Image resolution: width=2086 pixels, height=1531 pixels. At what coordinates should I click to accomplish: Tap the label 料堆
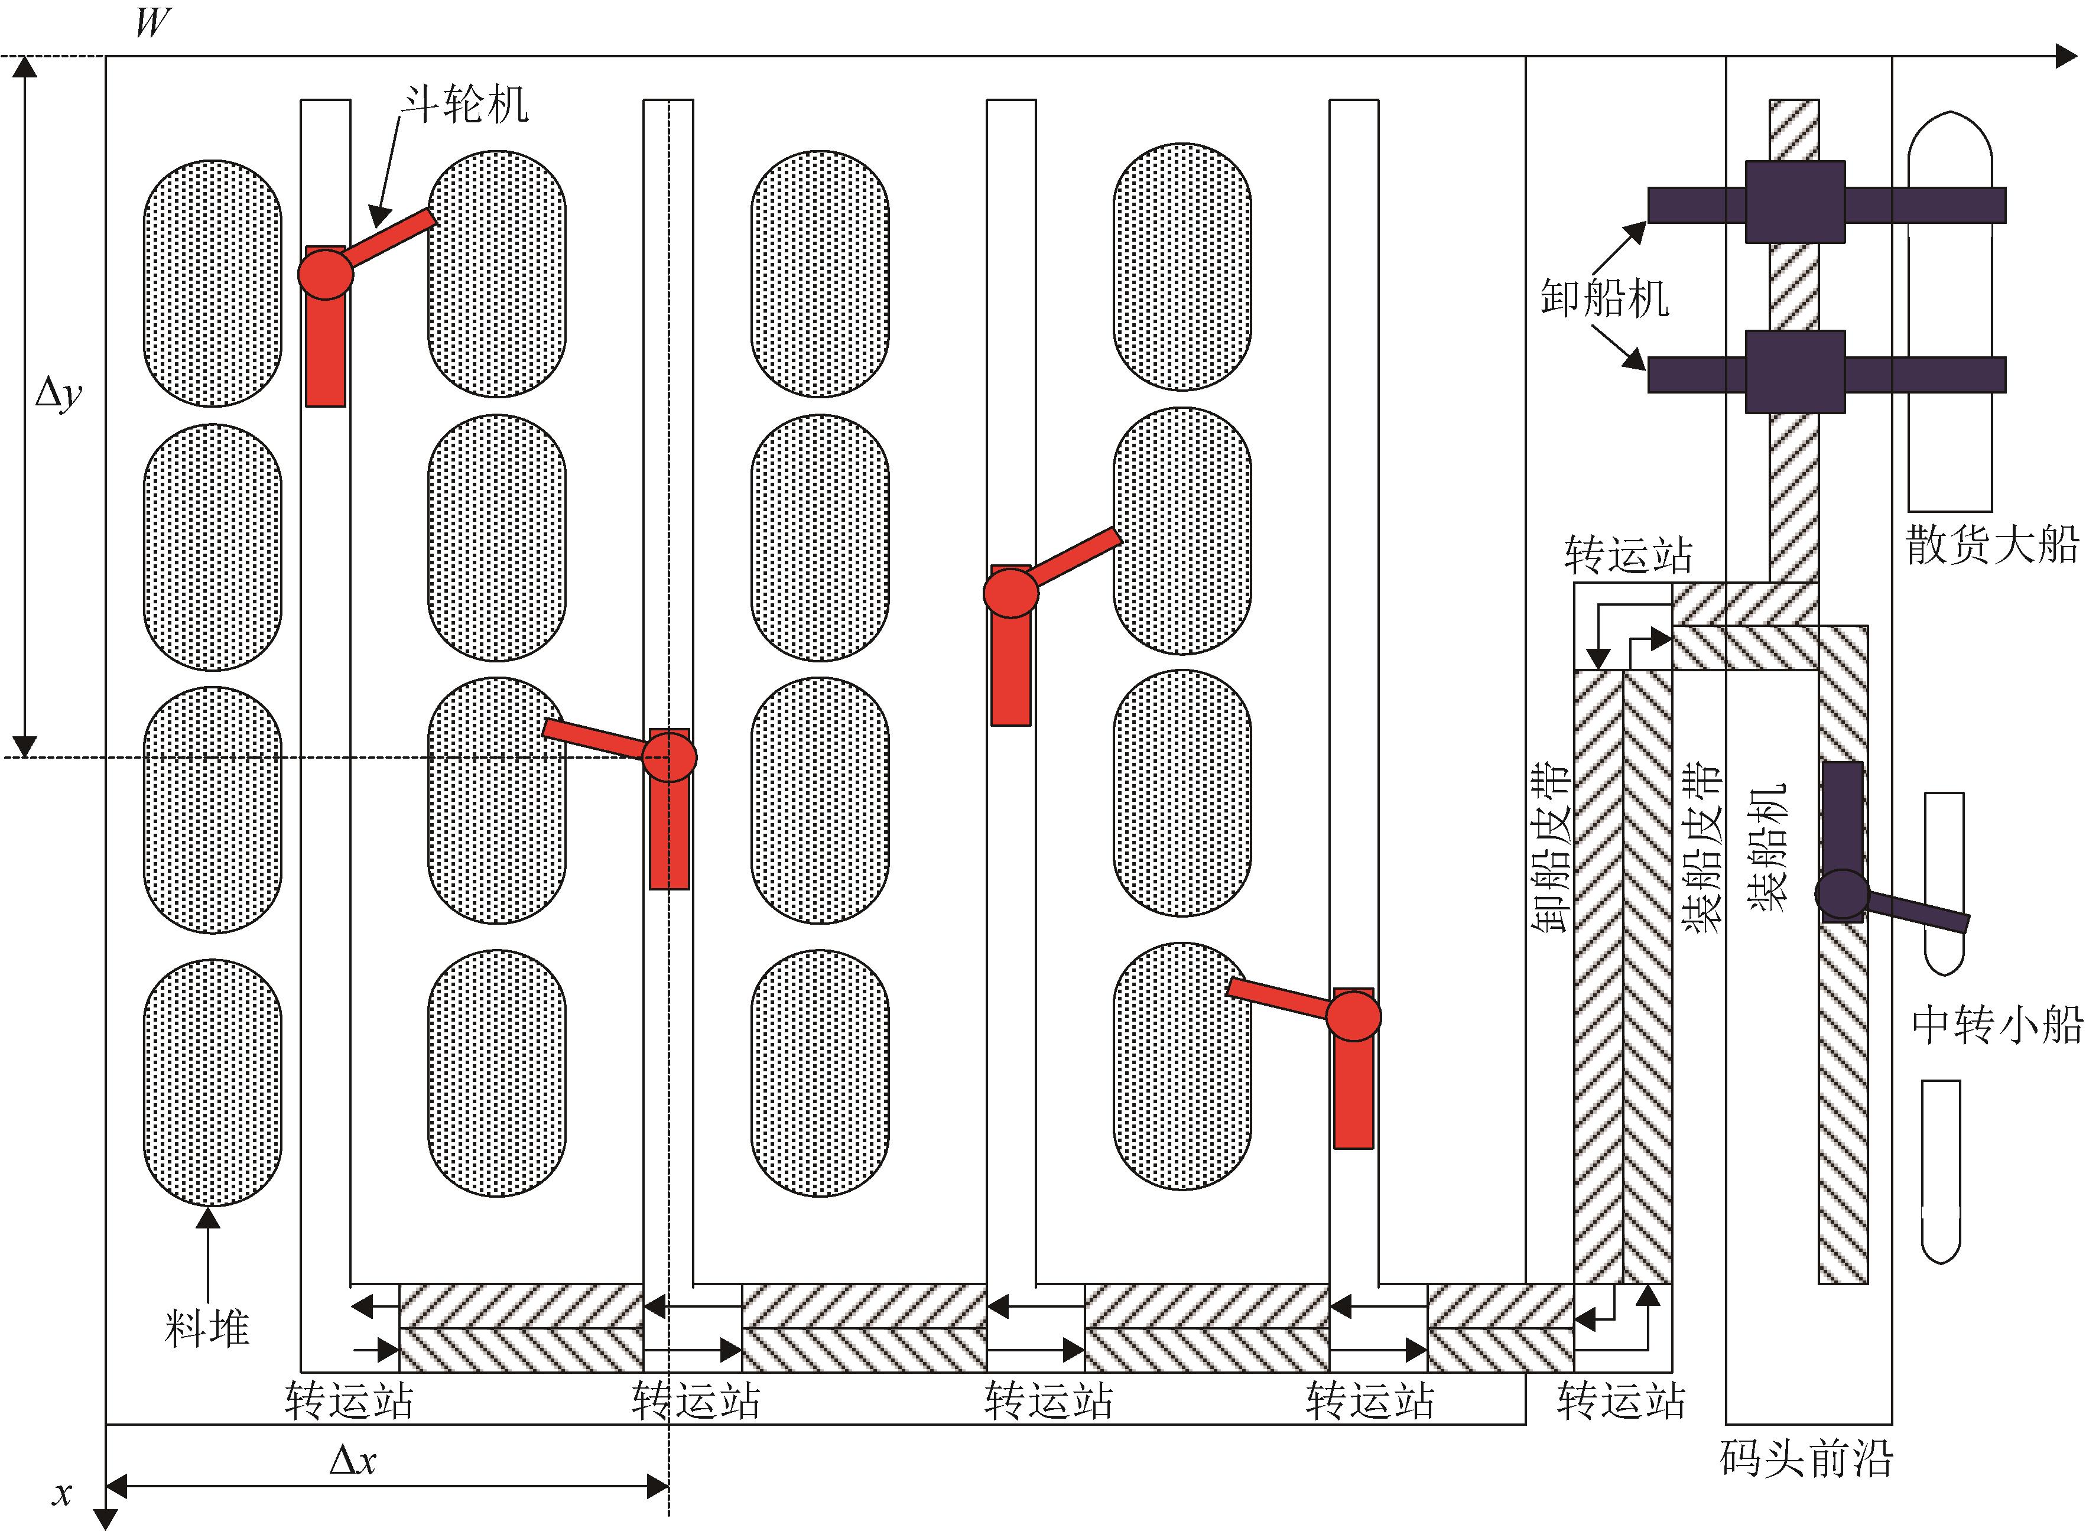click(207, 1328)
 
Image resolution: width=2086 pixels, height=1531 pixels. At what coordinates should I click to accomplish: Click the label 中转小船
click(1997, 1025)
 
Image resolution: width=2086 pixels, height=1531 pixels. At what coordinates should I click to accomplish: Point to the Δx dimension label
click(353, 1461)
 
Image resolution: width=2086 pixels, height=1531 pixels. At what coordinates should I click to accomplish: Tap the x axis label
click(62, 1493)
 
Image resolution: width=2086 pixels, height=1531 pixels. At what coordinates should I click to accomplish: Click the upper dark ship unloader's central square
click(1795, 202)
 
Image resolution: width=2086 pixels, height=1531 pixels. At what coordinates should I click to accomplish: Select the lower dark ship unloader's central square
click(1795, 372)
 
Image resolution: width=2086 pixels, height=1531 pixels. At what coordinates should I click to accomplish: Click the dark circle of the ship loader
click(1841, 895)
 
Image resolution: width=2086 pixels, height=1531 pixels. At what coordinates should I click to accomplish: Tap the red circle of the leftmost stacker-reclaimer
click(325, 274)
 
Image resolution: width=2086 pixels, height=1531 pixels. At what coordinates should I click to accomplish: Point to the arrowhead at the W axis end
click(2065, 57)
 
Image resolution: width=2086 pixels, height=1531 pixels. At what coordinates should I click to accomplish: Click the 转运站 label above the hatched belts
click(1628, 555)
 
